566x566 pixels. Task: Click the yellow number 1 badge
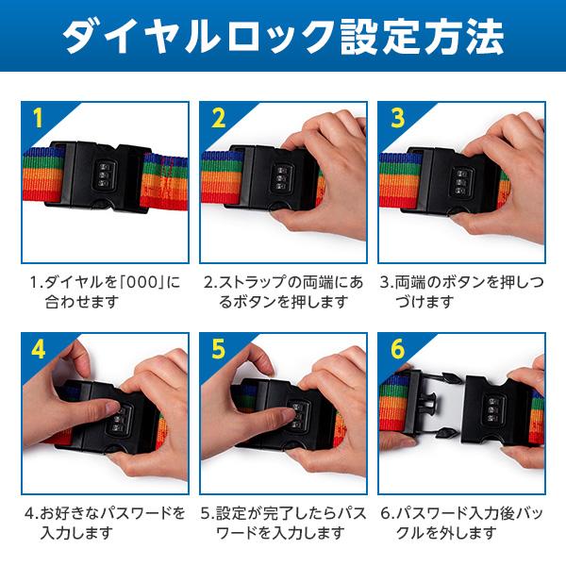[x=38, y=118]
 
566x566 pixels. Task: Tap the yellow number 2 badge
[x=219, y=118]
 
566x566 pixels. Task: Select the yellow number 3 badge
[x=397, y=118]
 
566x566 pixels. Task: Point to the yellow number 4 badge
[x=39, y=349]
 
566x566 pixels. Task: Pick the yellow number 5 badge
[x=219, y=349]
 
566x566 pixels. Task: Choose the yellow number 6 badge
[x=397, y=349]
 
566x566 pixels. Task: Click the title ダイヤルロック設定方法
[x=283, y=37]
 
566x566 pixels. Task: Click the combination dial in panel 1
[x=106, y=175]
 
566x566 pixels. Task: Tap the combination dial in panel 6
[x=492, y=409]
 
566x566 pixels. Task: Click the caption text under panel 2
[x=283, y=291]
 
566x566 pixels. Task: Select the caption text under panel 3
[x=461, y=291]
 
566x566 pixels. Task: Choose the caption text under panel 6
[x=461, y=523]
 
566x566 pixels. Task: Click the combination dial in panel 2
[x=283, y=178]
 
